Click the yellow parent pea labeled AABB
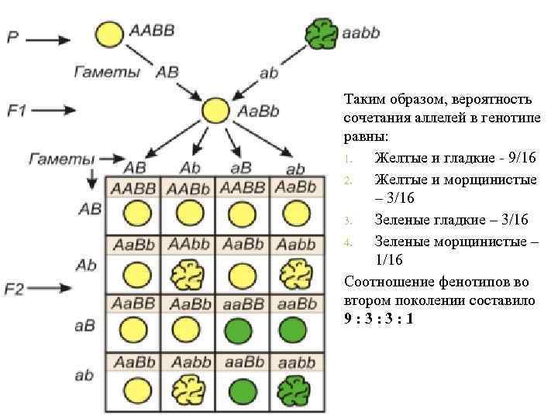[110, 35]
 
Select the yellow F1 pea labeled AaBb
[215, 111]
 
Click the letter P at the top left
[13, 37]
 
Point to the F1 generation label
[17, 111]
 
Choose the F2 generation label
[15, 290]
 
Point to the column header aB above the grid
[240, 168]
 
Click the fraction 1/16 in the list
[390, 259]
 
